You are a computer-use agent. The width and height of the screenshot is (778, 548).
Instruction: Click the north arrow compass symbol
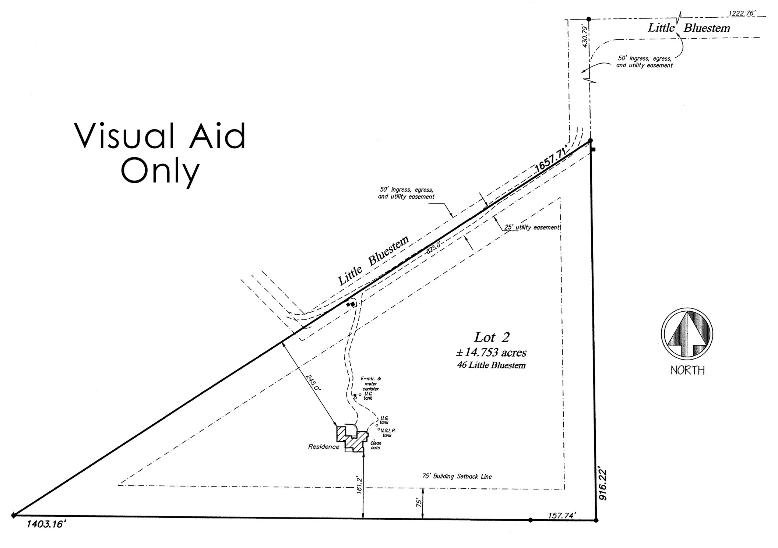click(x=687, y=334)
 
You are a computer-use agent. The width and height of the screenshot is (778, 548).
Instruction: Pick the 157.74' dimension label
click(x=561, y=515)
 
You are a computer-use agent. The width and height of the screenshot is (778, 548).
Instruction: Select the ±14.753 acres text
click(x=491, y=353)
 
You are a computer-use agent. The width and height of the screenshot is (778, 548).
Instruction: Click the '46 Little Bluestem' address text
click(x=491, y=365)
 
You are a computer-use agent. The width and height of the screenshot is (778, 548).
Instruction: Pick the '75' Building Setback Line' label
click(x=457, y=476)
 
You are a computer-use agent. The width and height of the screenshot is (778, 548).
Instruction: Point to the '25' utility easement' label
click(x=532, y=227)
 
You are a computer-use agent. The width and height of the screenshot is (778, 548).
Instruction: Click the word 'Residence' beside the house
click(x=324, y=447)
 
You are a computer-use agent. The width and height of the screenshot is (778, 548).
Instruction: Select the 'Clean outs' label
click(x=376, y=445)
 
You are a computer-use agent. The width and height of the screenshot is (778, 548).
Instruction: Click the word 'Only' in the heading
click(x=160, y=171)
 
